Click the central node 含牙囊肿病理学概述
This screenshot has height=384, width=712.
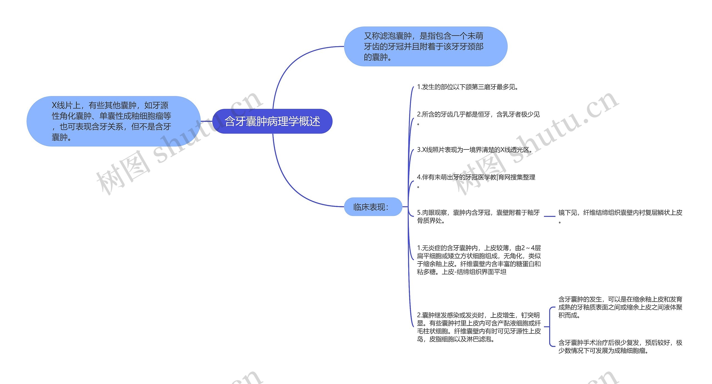click(x=272, y=121)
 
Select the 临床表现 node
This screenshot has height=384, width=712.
click(x=373, y=207)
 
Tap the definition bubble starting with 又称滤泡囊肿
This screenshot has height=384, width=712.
click(x=426, y=46)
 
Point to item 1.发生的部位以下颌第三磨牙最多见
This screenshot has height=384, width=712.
click(x=468, y=87)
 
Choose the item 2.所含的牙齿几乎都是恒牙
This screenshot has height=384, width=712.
click(x=478, y=114)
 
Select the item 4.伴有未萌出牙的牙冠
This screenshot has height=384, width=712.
click(x=476, y=177)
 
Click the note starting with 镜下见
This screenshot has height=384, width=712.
click(x=620, y=213)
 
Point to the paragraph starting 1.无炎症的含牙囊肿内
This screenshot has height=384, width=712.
click(x=479, y=260)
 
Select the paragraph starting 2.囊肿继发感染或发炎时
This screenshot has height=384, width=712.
click(x=479, y=327)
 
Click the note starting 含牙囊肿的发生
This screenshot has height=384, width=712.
click(x=620, y=307)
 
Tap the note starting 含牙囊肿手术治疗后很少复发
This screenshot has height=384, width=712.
click(x=620, y=346)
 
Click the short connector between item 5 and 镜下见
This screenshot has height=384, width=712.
click(x=549, y=216)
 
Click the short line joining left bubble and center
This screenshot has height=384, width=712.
click(x=206, y=121)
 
